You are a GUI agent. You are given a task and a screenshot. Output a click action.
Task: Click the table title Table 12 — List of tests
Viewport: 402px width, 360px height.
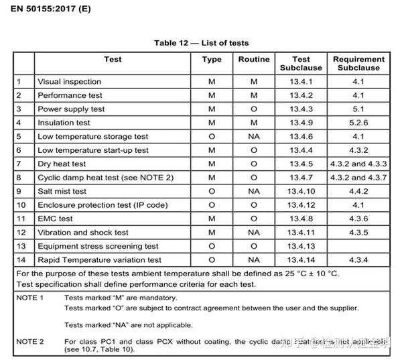tap(201, 43)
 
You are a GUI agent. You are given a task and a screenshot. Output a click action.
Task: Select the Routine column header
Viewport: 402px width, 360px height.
tap(254, 60)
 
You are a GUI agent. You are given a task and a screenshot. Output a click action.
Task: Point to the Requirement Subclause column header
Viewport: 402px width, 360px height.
tap(358, 63)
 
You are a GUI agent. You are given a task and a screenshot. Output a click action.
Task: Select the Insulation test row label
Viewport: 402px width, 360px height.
tap(64, 123)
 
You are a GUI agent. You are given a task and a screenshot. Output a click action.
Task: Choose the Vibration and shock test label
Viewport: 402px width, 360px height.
tap(83, 233)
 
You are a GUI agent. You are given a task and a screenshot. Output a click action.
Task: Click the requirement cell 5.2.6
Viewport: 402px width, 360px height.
tap(358, 123)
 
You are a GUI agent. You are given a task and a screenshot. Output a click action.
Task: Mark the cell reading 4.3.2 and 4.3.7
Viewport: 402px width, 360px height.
tap(358, 178)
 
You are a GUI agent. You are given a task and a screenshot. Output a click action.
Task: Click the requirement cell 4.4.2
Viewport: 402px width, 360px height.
tap(358, 191)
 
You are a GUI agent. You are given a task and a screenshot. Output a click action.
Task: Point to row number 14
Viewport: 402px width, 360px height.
tap(21, 260)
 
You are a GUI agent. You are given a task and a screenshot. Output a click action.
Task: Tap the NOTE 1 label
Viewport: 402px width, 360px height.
tap(30, 297)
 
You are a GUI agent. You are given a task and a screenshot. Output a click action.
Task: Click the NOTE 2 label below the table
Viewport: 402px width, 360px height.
tap(30, 342)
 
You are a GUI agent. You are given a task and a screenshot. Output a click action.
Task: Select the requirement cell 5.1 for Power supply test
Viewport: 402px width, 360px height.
tap(358, 109)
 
